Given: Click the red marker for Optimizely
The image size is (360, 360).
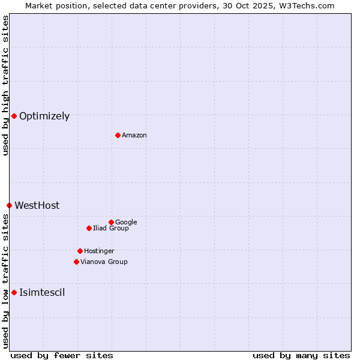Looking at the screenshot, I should (14, 116).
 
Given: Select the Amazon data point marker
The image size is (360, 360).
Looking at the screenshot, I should (118, 135).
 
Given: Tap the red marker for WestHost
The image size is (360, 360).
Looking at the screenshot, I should (9, 205).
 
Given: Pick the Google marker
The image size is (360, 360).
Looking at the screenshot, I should (111, 222).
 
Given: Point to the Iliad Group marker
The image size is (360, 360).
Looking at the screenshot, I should (89, 228).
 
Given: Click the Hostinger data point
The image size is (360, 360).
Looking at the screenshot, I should (80, 251).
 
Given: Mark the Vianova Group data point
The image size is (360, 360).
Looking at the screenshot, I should (76, 262).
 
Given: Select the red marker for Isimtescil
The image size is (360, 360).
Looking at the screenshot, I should (14, 292).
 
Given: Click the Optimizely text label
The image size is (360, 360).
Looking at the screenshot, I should (44, 116).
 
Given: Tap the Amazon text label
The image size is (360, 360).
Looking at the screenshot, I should (134, 136).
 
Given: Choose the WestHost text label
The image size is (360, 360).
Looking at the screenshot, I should (37, 206).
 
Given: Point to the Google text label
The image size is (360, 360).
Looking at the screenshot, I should (126, 223).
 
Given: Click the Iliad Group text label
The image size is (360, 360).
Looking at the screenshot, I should (111, 229).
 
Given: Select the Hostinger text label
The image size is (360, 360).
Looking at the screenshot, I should (99, 251).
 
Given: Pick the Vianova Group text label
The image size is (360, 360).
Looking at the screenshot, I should (104, 262).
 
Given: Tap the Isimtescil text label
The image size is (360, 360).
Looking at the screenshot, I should (42, 293).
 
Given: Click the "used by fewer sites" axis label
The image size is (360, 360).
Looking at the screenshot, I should (62, 356).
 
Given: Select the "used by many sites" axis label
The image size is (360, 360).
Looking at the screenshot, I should (301, 356).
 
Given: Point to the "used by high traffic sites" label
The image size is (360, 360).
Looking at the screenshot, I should (6, 85).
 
